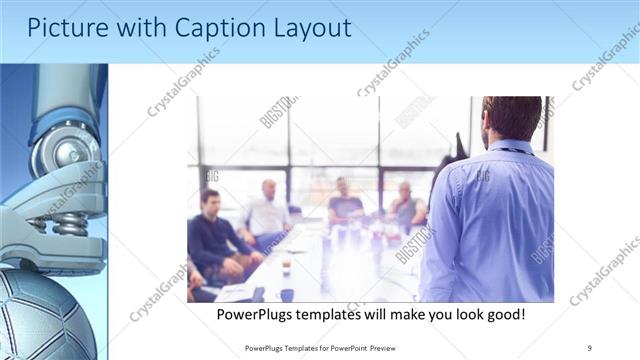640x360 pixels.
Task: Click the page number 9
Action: pos(590,347)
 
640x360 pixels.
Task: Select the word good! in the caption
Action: pos(502,314)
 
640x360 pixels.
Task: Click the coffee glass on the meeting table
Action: pos(286,265)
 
